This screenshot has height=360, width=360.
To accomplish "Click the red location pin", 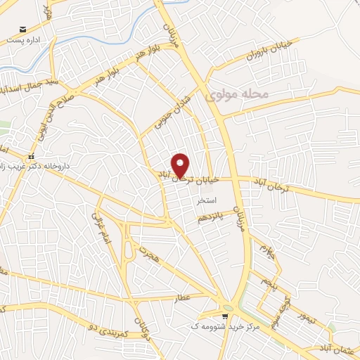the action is pos(181,164).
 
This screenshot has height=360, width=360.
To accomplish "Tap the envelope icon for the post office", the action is pos(23,30).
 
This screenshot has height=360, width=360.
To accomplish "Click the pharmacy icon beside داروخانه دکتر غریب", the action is pos(30,157).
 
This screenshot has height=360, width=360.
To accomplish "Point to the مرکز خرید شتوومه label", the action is pos(225,327).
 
